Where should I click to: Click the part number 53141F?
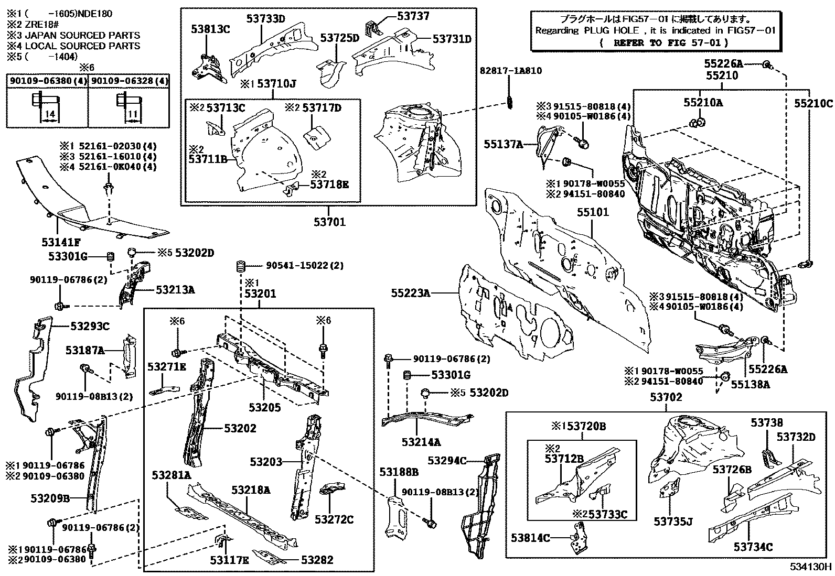pos(61,242)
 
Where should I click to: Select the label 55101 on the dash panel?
pos(593,212)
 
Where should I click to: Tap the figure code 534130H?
pos(811,567)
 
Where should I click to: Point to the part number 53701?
pos(330,222)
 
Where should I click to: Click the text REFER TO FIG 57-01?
pos(671,43)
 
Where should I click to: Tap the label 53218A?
pos(251,490)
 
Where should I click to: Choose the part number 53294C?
pos(447,460)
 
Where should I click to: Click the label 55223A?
pos(410,294)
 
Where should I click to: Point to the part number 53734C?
pos(753,547)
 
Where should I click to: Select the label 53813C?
pos(210,29)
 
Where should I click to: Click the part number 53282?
pos(317,560)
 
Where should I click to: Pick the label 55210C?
pos(812,103)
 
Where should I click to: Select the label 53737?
pos(413,16)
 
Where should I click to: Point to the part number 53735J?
pos(673,521)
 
